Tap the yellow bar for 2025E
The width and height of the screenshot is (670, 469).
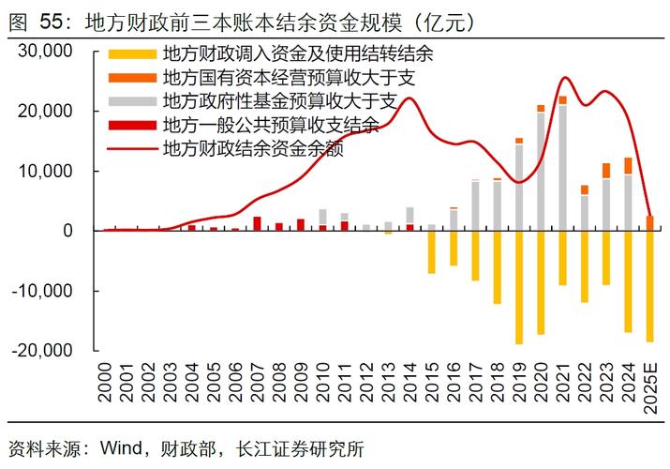tap(650, 286)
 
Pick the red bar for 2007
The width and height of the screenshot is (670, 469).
tap(257, 223)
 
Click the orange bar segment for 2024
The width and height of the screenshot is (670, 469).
tap(628, 166)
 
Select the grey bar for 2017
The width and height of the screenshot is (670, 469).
tap(475, 205)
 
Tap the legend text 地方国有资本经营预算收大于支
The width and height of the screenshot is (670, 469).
tap(288, 75)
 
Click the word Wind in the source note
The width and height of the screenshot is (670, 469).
tap(110, 448)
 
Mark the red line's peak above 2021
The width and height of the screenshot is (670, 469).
tap(565, 78)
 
